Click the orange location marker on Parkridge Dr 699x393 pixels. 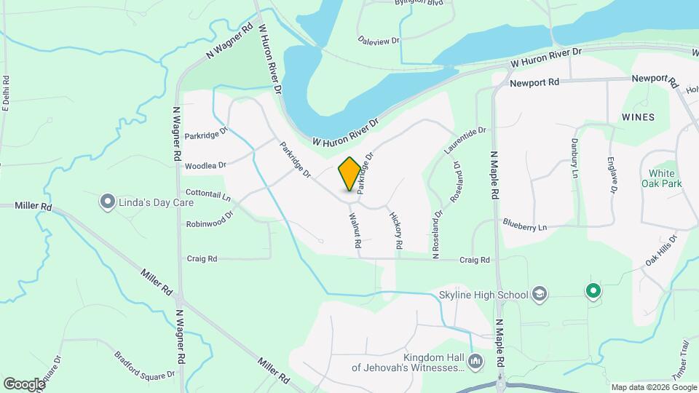pyautogui.click(x=349, y=173)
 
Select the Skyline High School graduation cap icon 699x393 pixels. pyautogui.click(x=539, y=293)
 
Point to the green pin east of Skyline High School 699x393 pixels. pyautogui.click(x=593, y=292)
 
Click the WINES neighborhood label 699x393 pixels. pyautogui.click(x=638, y=117)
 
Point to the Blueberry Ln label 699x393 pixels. pyautogui.click(x=524, y=227)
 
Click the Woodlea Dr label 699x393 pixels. pyautogui.click(x=205, y=166)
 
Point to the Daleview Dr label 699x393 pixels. pyautogui.click(x=379, y=41)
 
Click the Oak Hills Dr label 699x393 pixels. pyautogui.click(x=661, y=250)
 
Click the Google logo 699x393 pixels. pyautogui.click(x=24, y=384)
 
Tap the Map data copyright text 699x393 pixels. pyautogui.click(x=653, y=387)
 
